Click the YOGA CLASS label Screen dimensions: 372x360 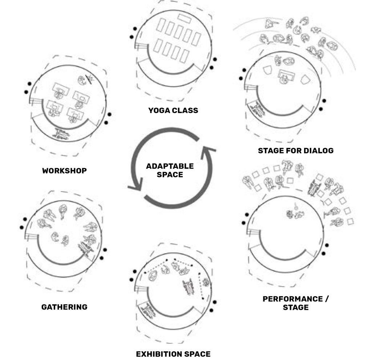[x=173, y=110]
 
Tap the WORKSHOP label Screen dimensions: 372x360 [x=64, y=171]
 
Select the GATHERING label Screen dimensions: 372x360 [x=64, y=307]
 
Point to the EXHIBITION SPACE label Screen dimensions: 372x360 [x=173, y=354]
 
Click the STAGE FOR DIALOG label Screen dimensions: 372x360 [x=296, y=150]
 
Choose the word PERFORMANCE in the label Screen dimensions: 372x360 [x=292, y=299]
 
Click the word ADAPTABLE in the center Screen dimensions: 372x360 [x=170, y=166]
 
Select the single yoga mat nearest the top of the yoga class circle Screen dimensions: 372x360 [x=184, y=19]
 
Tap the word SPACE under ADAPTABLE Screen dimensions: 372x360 [x=170, y=174]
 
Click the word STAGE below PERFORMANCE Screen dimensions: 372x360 [x=296, y=307]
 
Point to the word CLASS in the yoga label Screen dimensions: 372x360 [x=185, y=110]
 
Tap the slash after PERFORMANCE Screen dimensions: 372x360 [x=327, y=299]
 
